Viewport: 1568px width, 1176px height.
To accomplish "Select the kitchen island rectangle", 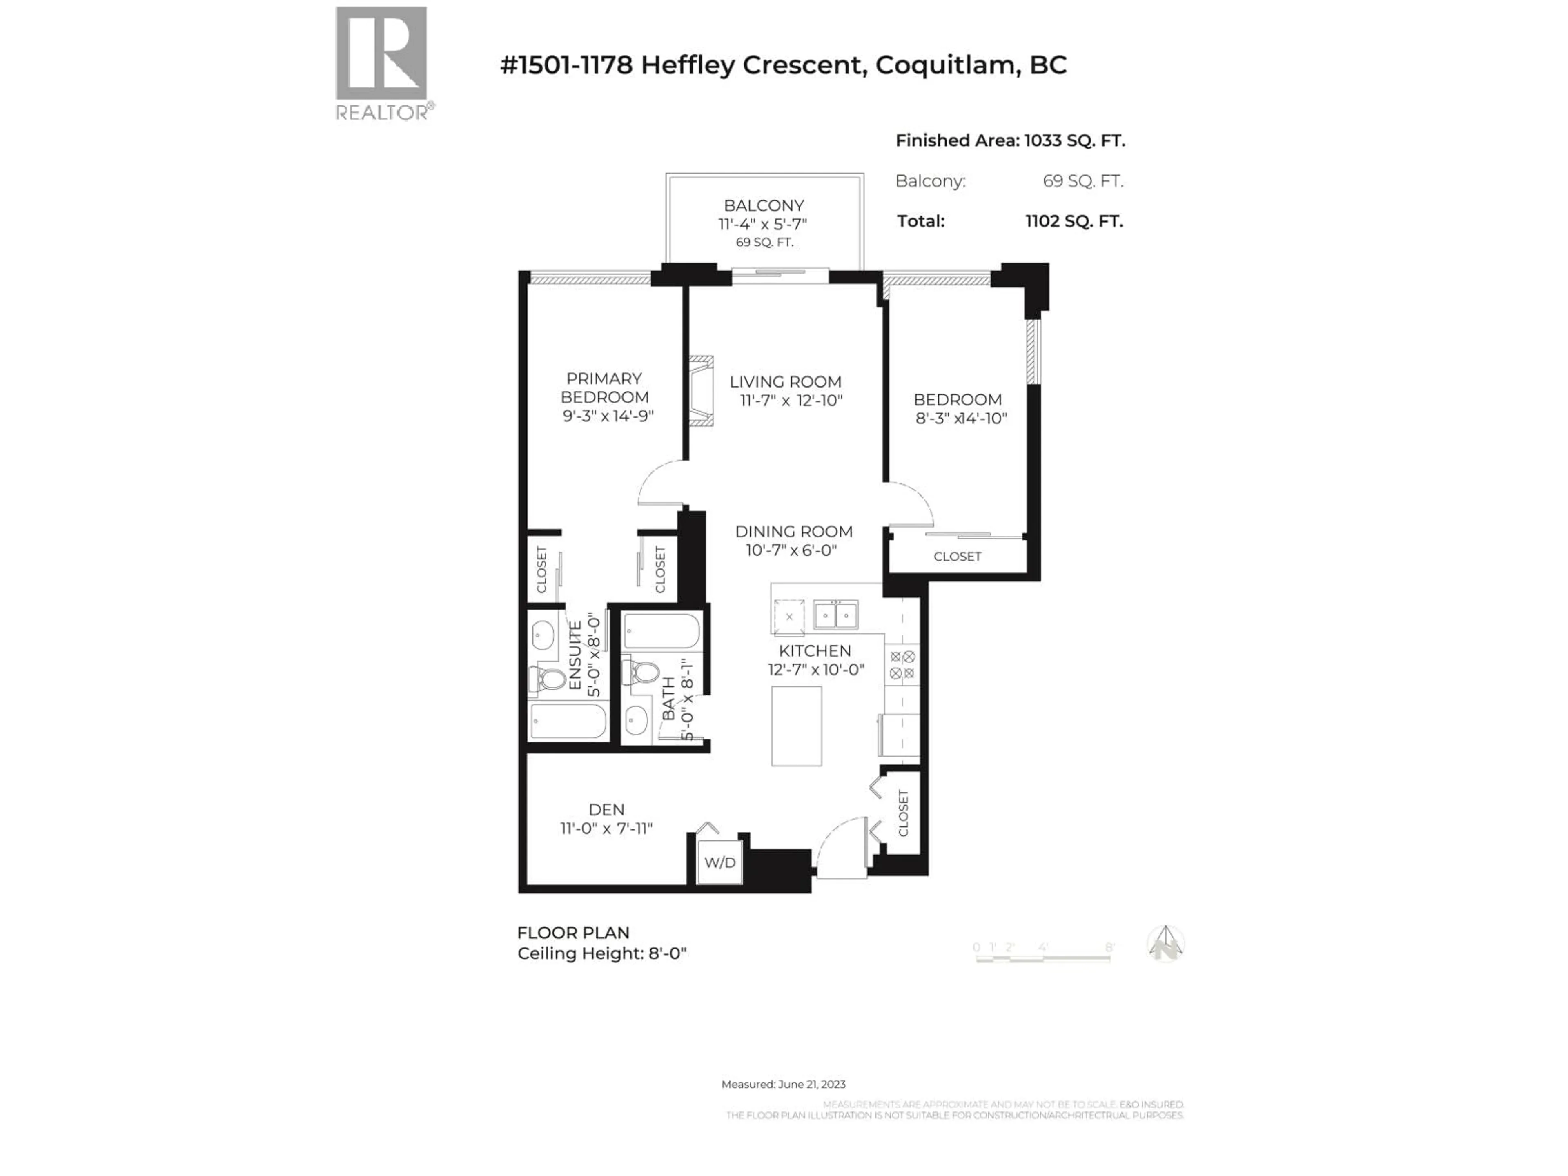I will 796,726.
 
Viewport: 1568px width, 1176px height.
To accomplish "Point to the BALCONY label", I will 764,205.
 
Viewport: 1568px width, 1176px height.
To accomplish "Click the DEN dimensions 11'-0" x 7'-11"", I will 606,828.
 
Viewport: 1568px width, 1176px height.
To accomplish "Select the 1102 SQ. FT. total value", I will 1073,221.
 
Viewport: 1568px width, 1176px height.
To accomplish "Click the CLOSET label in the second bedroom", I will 957,557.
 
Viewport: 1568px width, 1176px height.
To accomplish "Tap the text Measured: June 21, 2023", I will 783,1084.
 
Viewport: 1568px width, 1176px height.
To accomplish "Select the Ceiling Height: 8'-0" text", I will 602,953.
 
